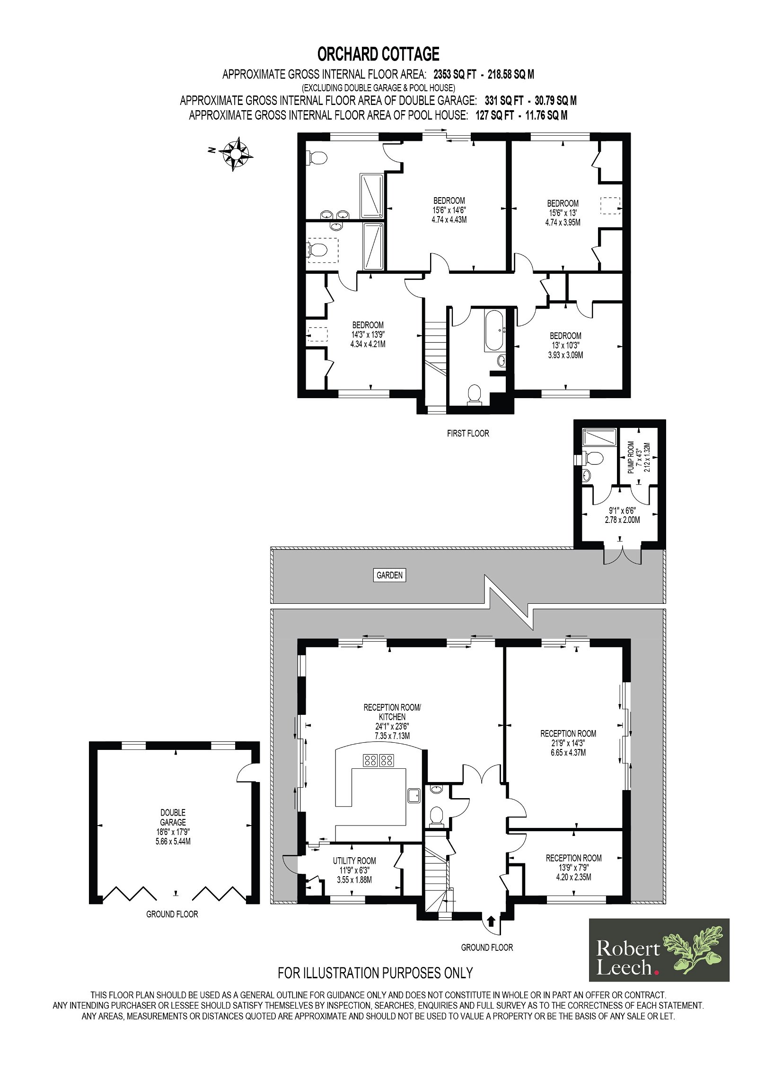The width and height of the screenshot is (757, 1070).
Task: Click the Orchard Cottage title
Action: [x=378, y=54]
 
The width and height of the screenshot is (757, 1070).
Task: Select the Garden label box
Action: [x=389, y=575]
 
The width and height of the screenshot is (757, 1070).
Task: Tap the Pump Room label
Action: [x=639, y=457]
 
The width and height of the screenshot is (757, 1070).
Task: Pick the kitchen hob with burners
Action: [x=378, y=760]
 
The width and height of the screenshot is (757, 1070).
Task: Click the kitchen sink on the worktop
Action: [x=415, y=795]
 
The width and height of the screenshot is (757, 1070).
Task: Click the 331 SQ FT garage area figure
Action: [x=504, y=100]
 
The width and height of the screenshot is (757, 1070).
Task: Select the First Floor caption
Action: [x=468, y=433]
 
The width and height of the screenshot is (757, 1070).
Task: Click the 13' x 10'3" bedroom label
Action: [x=565, y=345]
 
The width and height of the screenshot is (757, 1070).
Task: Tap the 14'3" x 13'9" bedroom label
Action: [x=368, y=334]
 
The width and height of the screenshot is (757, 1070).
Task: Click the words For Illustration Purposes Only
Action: [x=375, y=973]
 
